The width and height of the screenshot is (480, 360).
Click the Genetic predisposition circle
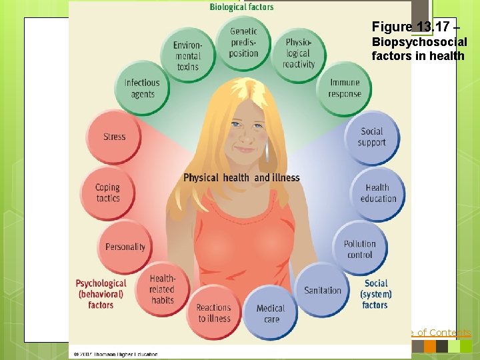tap(243, 42)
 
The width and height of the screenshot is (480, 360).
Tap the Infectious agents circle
tap(142, 89)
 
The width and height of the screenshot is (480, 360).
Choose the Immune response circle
tap(345, 89)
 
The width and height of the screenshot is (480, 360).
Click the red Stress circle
tap(114, 137)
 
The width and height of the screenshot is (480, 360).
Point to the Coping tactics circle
tap(108, 193)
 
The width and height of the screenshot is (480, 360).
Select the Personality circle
tap(125, 247)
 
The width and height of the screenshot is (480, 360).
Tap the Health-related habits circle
tap(162, 289)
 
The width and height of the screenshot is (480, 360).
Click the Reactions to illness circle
tap(214, 313)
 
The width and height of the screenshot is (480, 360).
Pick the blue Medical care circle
tap(271, 313)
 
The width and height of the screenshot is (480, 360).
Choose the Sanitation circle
tap(323, 290)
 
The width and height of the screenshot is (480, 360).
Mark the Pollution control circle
tap(359, 249)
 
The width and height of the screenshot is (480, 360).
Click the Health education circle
tap(377, 193)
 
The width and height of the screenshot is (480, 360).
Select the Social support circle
tap(372, 137)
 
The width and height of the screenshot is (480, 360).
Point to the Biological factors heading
tap(241, 7)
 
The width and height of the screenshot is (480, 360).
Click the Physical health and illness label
tap(241, 177)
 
